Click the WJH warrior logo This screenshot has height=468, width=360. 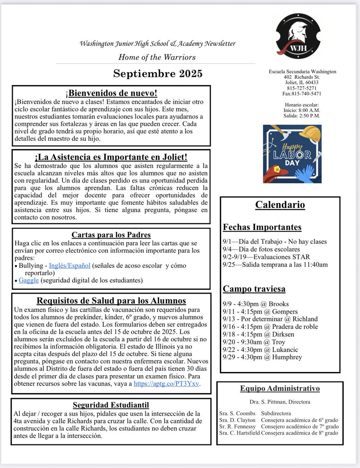pyautogui.click(x=298, y=36)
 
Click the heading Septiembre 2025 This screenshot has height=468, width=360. pyautogui.click(x=158, y=74)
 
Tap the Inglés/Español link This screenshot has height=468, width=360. pyautogui.click(x=69, y=266)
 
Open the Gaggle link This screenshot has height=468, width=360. pyautogui.click(x=28, y=280)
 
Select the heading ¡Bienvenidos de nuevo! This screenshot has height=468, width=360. pyautogui.click(x=111, y=93)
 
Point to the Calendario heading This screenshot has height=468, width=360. pyautogui.click(x=280, y=205)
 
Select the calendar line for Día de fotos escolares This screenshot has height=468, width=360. pyautogui.click(x=261, y=249)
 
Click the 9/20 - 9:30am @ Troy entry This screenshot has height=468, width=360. pyautogui.click(x=252, y=342)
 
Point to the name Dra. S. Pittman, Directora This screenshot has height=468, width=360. pyautogui.click(x=280, y=402)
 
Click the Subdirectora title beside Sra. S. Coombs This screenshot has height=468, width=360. pyautogui.click(x=276, y=413)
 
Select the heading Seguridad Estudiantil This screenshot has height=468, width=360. pyautogui.click(x=111, y=405)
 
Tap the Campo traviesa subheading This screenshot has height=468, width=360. pyautogui.click(x=254, y=289)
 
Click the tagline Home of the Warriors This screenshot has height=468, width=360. pyautogui.click(x=157, y=57)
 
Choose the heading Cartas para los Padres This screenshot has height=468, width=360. pyautogui.click(x=111, y=235)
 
